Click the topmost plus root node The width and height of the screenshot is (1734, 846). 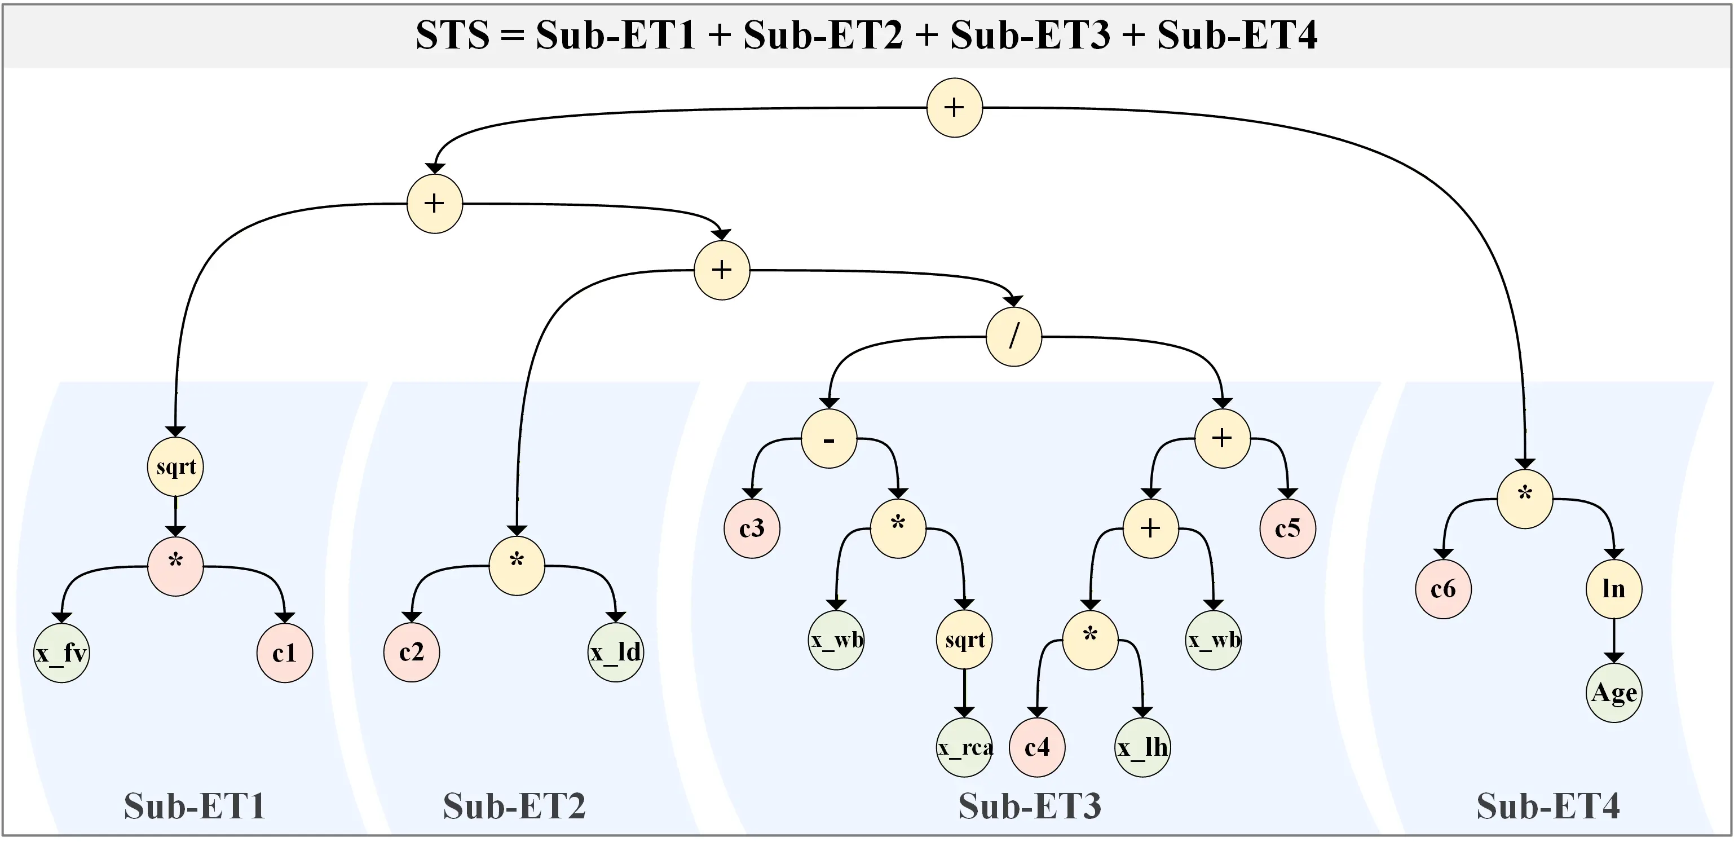(954, 108)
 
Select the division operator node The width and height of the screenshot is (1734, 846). (1013, 337)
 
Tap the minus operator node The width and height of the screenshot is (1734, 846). (828, 439)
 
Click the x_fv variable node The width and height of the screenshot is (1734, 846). (61, 653)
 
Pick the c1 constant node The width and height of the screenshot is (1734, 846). (284, 653)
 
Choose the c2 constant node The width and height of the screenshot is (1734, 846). (411, 652)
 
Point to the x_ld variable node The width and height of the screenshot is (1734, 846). (615, 652)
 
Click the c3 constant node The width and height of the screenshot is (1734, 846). (751, 529)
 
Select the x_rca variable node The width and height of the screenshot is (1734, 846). (965, 748)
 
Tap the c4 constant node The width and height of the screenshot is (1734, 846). (1036, 748)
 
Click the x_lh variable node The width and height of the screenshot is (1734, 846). (1142, 748)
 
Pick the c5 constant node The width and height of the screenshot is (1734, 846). (1287, 529)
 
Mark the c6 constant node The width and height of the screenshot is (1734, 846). (1443, 589)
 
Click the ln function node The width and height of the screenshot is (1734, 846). (1613, 589)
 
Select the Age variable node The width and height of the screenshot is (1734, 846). (1613, 693)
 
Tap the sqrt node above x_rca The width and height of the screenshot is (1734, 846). (964, 640)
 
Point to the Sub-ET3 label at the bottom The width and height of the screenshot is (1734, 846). (1029, 805)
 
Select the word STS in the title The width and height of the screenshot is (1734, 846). (452, 35)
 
